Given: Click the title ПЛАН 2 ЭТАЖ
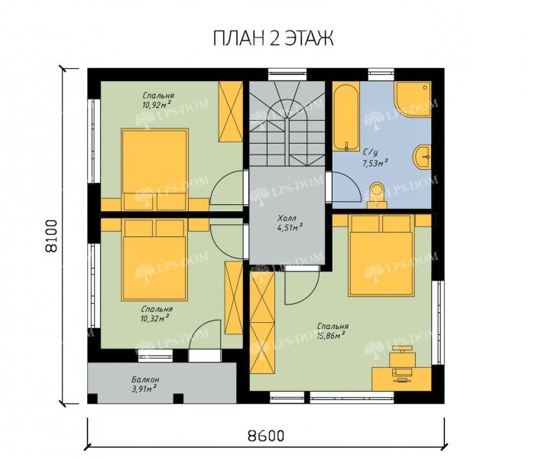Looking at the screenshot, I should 271,39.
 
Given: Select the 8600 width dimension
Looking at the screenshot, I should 265,436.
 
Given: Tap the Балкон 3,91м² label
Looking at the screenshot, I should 144,382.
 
